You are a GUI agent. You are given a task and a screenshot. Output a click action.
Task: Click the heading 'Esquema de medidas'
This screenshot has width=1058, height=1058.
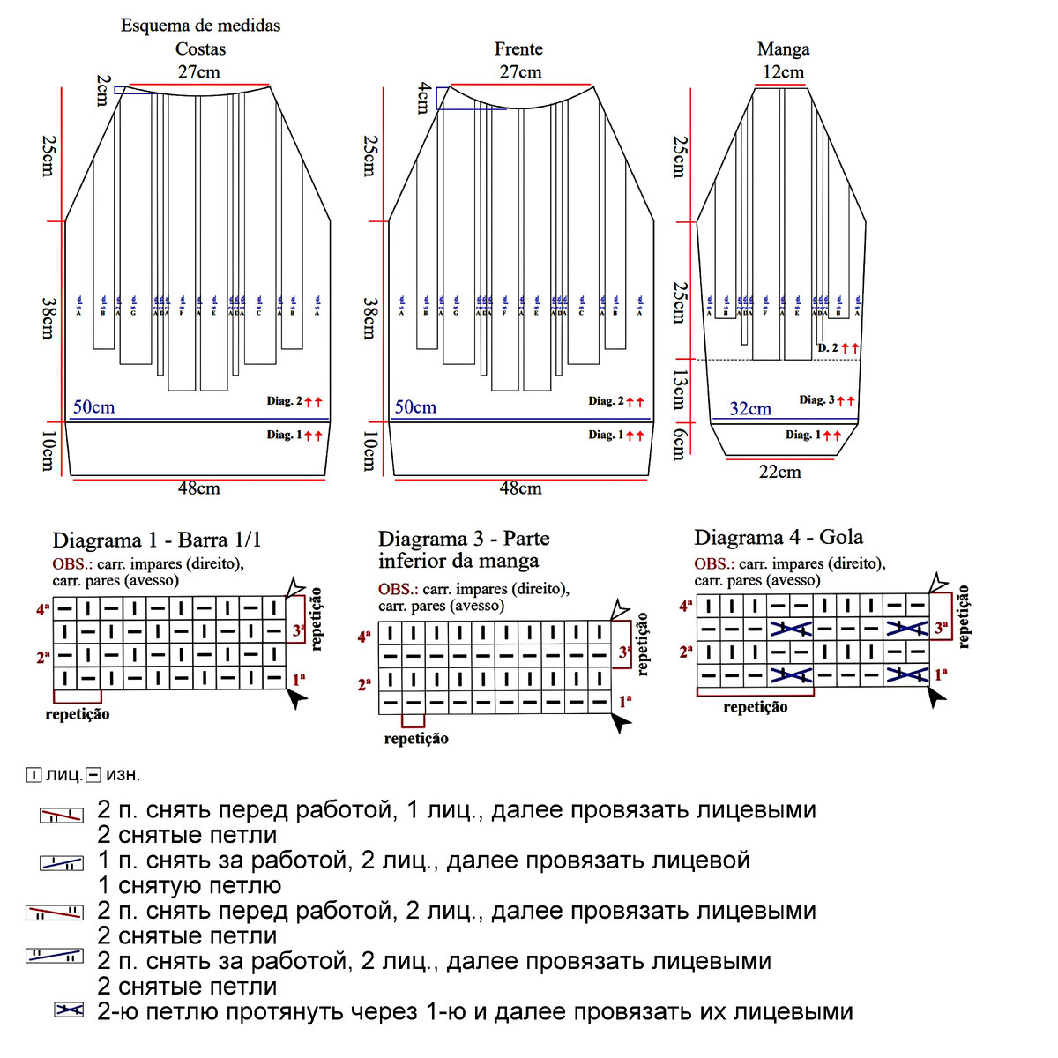pyautogui.click(x=200, y=26)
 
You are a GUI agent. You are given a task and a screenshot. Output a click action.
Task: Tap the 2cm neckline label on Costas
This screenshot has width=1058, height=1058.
pyautogui.click(x=103, y=90)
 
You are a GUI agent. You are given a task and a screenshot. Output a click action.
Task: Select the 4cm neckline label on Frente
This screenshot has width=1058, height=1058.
pyautogui.click(x=424, y=98)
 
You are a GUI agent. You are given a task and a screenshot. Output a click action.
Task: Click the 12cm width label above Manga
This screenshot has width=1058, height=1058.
pyautogui.click(x=783, y=72)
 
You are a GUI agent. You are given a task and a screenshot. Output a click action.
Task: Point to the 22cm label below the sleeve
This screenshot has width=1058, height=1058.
pyautogui.click(x=780, y=473)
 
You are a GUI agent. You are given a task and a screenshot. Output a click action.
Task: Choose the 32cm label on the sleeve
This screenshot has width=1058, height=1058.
pyautogui.click(x=750, y=409)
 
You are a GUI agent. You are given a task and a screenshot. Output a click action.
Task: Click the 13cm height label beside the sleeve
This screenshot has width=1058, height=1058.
pyautogui.click(x=679, y=390)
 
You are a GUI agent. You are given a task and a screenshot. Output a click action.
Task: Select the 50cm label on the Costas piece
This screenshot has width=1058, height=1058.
pyautogui.click(x=93, y=407)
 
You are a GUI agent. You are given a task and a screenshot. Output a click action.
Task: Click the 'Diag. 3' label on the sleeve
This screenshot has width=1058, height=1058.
pyautogui.click(x=816, y=400)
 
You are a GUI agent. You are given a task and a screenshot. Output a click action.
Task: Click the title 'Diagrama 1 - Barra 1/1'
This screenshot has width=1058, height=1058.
pyautogui.click(x=157, y=540)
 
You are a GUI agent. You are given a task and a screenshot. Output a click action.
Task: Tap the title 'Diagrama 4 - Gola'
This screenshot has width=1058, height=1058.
pyautogui.click(x=779, y=538)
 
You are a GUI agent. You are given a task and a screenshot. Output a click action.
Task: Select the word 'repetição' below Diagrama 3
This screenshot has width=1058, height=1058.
pyautogui.click(x=416, y=739)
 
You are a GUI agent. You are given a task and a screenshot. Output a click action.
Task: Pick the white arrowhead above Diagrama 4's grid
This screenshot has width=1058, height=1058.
pyautogui.click(x=938, y=582)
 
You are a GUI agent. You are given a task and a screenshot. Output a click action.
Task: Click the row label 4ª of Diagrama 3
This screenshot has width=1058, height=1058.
pyautogui.click(x=365, y=636)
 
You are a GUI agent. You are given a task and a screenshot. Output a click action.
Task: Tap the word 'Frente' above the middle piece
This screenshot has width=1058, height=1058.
pyautogui.click(x=518, y=49)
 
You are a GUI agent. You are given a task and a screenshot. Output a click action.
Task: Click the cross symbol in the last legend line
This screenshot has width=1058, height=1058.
pyautogui.click(x=69, y=1010)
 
